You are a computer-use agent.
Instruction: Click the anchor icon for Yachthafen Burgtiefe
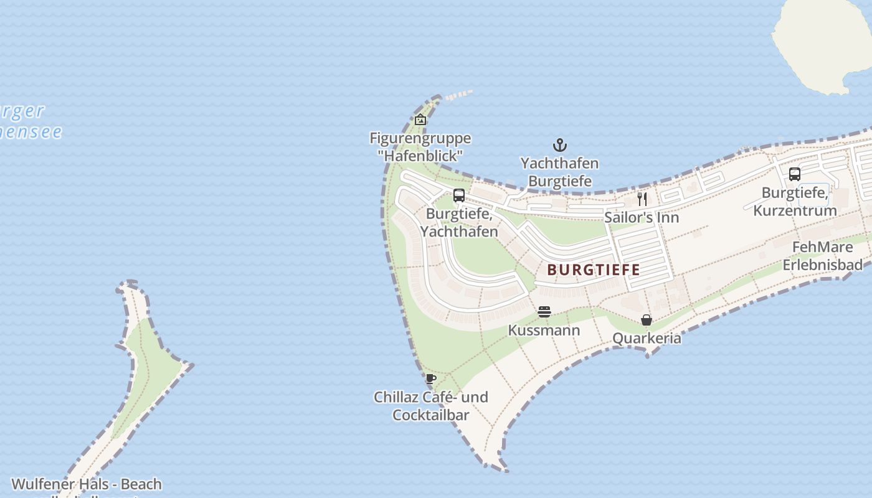[x=560, y=146]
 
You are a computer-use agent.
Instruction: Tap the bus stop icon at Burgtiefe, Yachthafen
[x=459, y=195]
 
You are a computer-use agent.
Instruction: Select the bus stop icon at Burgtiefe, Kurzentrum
[x=795, y=174]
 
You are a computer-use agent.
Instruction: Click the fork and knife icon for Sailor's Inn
[x=642, y=199]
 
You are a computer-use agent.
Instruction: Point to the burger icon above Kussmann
[x=544, y=312]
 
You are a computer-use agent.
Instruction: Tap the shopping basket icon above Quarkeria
[x=647, y=320]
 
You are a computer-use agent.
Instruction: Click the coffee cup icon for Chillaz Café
[x=430, y=378]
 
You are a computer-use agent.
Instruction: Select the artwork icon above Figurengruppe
[x=420, y=120]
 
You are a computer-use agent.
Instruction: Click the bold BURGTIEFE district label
[x=594, y=270]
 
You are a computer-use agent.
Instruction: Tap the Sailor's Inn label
[x=642, y=217]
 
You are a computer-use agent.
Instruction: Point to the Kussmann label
[x=544, y=330]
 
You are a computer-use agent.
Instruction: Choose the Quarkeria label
[x=647, y=338]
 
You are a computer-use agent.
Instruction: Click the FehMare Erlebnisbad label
[x=822, y=256]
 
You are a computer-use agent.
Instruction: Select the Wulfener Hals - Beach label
[x=87, y=484]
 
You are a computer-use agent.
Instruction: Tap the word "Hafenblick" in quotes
[x=420, y=155]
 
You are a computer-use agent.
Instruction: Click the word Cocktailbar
[x=430, y=414]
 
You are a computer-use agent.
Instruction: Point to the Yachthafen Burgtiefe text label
[x=560, y=172]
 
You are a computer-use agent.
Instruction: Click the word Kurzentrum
[x=795, y=210]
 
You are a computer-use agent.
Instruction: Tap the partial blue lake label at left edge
[x=28, y=121]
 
